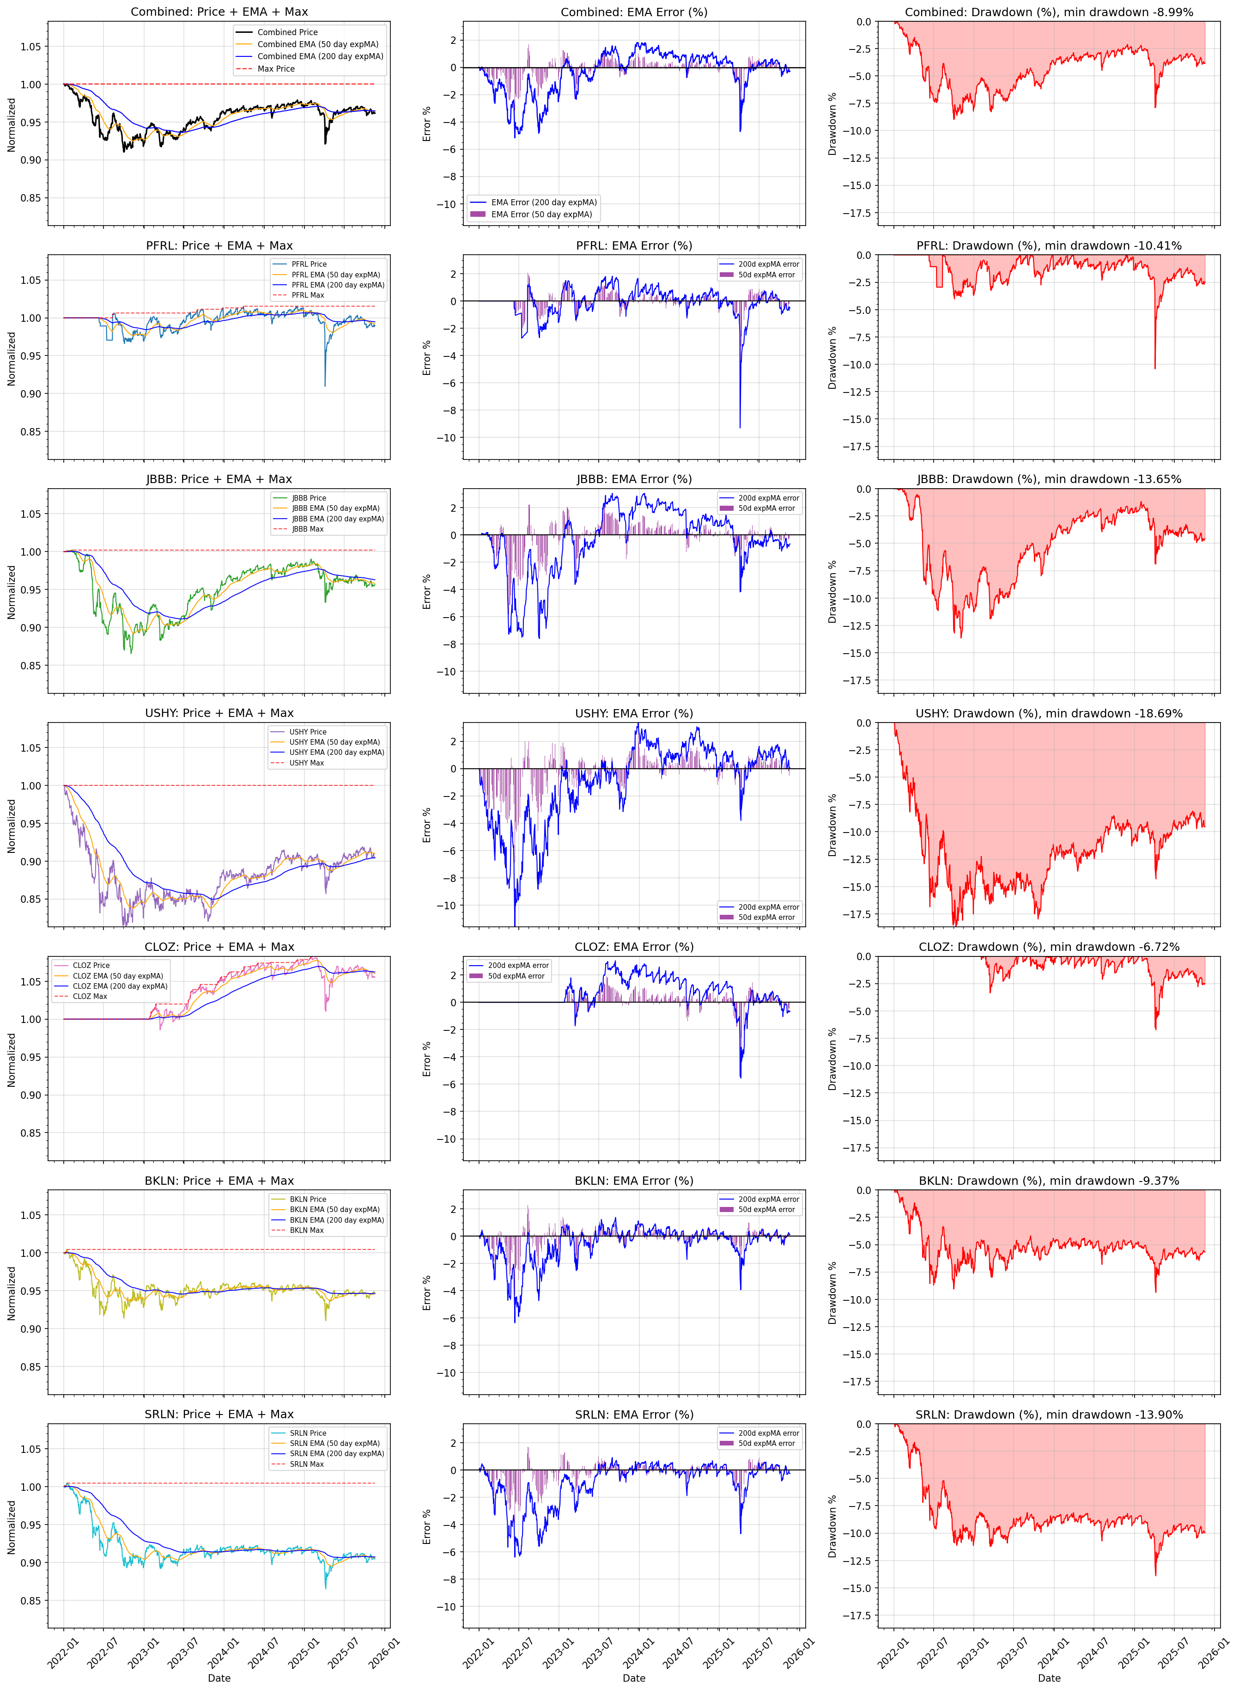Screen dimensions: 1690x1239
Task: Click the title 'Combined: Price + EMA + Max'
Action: [x=219, y=12]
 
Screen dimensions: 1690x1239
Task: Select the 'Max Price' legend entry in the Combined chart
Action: [x=276, y=69]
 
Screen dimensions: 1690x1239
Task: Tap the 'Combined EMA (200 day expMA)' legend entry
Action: [x=320, y=56]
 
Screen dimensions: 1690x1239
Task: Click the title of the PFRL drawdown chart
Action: [x=1049, y=246]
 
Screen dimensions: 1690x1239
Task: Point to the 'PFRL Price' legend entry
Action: [x=309, y=264]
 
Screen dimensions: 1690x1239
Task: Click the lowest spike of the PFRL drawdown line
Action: [x=1155, y=367]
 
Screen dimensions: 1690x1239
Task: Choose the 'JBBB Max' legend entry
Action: [x=308, y=529]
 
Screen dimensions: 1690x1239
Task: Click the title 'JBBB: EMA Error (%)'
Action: [x=634, y=479]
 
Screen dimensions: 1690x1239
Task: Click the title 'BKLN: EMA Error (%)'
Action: [x=634, y=1181]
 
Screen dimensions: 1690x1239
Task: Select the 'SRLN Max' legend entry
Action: [x=307, y=1464]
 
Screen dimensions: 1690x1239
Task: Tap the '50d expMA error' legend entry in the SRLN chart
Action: [x=766, y=1443]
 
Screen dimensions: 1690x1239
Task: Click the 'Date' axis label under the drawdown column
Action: [x=1049, y=1678]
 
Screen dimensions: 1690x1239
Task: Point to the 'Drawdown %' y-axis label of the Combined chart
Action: [x=832, y=124]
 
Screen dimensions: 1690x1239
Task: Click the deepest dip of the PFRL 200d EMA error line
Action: [x=740, y=428]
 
